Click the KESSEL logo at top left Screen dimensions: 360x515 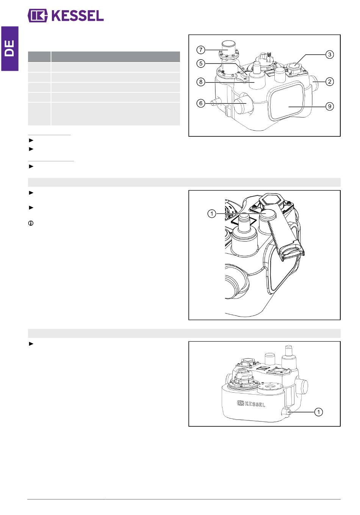[66, 16]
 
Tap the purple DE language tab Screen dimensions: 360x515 [10, 48]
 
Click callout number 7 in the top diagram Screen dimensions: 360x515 [201, 50]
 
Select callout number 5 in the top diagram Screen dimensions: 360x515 [201, 64]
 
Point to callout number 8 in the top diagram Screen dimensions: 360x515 [201, 82]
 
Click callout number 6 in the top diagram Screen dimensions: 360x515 [201, 103]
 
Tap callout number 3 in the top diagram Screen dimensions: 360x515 [330, 55]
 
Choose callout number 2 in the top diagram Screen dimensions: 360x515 [330, 81]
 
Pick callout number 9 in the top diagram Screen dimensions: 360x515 [330, 106]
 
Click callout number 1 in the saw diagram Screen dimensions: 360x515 [212, 214]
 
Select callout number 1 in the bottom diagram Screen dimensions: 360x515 [319, 412]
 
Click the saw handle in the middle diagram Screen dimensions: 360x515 [292, 252]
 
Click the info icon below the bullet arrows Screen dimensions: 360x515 [31, 223]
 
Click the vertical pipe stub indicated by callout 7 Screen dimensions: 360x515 [228, 48]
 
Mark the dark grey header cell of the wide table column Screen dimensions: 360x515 [116, 57]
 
